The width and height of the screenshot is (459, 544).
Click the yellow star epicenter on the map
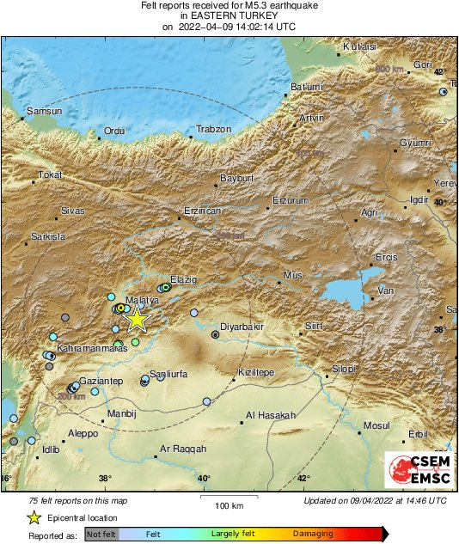pyautogui.click(x=136, y=319)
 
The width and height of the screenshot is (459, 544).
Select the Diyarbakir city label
pyautogui.click(x=242, y=327)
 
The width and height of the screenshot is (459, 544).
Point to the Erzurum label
pyautogui.click(x=290, y=200)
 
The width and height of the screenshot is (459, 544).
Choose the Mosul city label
pyautogui.click(x=376, y=425)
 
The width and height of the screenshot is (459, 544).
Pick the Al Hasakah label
pyautogui.click(x=270, y=415)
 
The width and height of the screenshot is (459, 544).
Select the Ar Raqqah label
pyautogui.click(x=183, y=449)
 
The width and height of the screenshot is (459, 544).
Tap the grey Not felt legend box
pyautogui.click(x=101, y=534)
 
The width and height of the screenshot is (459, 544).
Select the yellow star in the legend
pyautogui.click(x=34, y=517)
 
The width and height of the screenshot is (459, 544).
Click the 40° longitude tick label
pyautogui.click(x=204, y=479)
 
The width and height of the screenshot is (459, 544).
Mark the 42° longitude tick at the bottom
pyautogui.click(x=303, y=479)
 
